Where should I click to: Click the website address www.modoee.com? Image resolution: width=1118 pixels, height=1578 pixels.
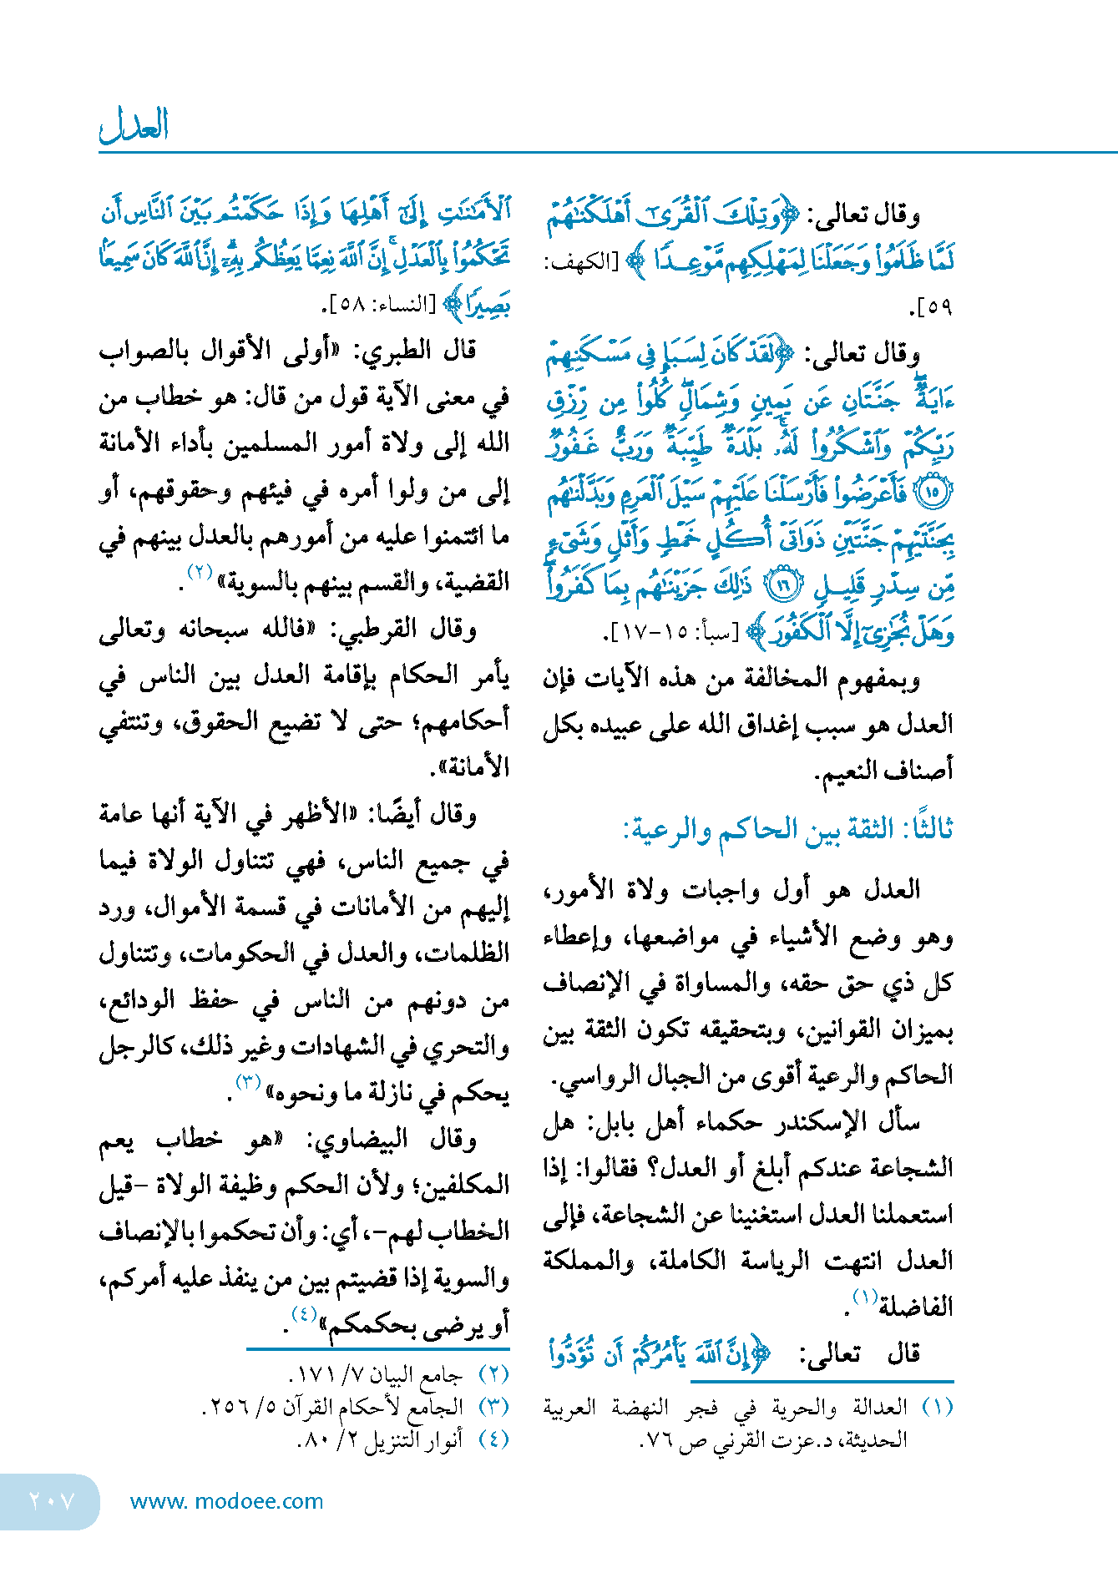(x=226, y=1501)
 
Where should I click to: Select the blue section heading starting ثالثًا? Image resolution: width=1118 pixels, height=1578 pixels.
(x=788, y=829)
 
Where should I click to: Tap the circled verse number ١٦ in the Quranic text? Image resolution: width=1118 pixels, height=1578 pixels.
(x=783, y=585)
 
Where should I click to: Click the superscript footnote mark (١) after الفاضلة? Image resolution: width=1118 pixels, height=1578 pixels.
(x=864, y=1297)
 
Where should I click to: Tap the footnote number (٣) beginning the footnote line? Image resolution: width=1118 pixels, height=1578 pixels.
(x=493, y=1407)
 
